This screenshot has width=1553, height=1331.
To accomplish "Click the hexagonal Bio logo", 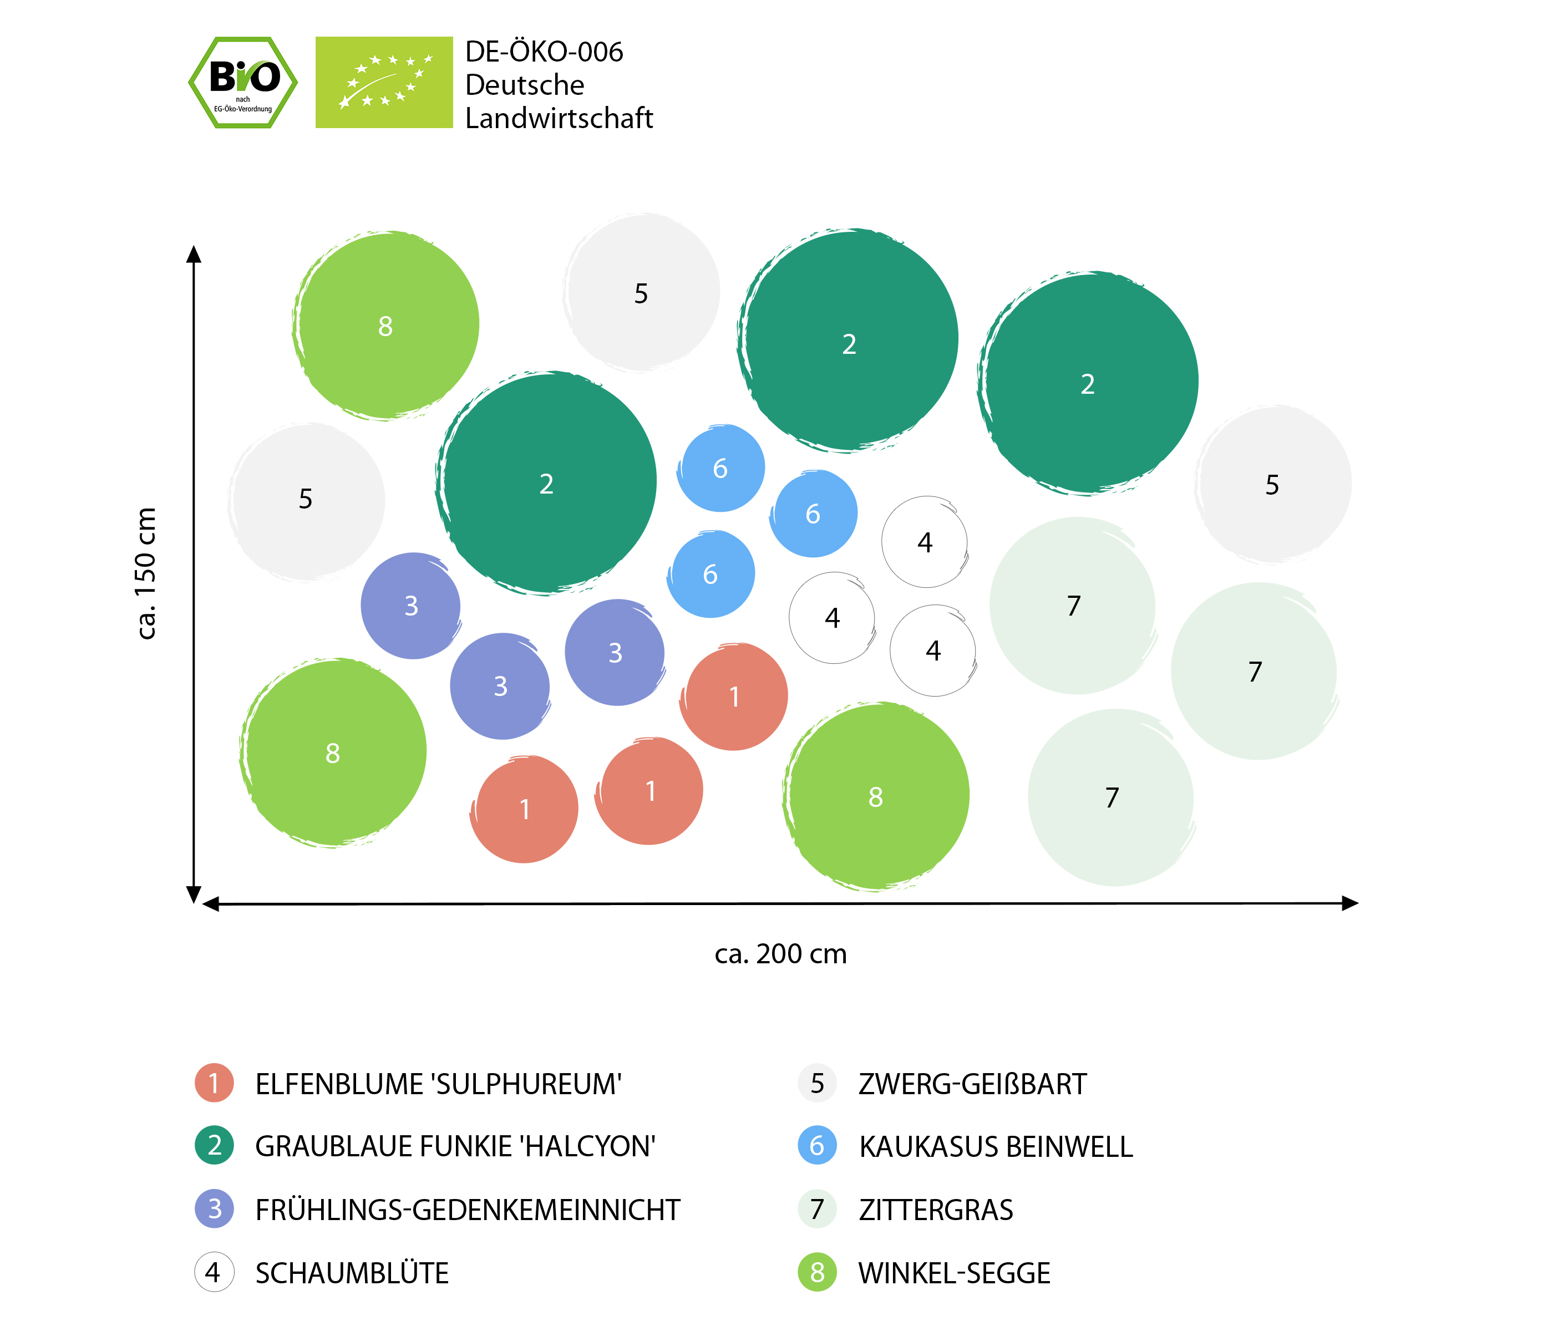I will pos(243,83).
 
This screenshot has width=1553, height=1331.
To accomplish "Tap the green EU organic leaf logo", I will pos(384,83).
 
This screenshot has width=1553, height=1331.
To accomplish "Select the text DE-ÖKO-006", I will pos(544,52).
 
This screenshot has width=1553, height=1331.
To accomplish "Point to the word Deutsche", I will pos(525,85).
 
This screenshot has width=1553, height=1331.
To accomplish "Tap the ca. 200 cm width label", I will pos(780,954).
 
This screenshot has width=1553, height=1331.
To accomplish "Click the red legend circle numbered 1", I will pos(214,1083).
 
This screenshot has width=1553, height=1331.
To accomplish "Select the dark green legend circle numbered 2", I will pos(214,1145).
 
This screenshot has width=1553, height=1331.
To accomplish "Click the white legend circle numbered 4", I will pos(214,1272).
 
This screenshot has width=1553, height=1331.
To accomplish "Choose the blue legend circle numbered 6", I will pos(817,1145).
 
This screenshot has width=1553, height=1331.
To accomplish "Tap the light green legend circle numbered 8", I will pos(817,1272).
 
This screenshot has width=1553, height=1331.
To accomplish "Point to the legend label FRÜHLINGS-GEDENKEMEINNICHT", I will pos(468,1210).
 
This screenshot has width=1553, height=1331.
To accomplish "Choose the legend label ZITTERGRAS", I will pos(936,1210).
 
